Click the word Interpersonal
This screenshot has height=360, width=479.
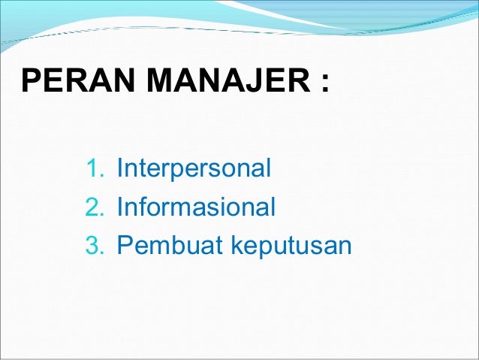pos(194,168)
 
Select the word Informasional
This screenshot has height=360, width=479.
pos(197,206)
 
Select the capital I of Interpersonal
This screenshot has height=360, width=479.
pos(119,168)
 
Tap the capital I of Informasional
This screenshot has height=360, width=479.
pos(119,206)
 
